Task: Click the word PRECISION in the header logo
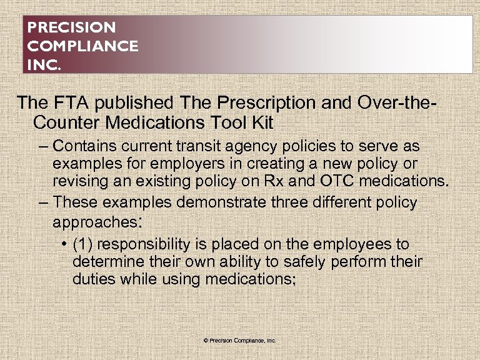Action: (72, 28)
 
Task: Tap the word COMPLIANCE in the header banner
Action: (83, 46)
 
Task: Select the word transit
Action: (199, 146)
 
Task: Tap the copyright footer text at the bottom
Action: (240, 341)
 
